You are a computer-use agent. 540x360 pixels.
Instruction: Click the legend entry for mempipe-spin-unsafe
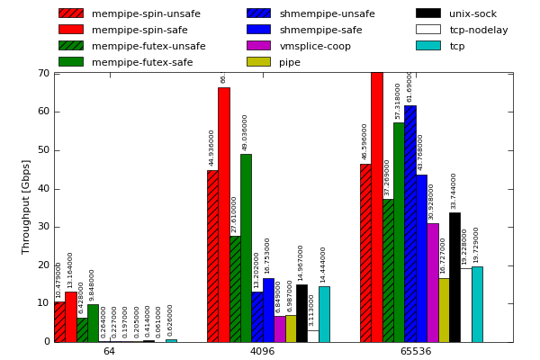coord(146,13)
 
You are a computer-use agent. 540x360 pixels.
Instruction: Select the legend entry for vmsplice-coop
coord(315,46)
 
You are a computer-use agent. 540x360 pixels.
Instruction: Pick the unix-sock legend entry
coord(472,13)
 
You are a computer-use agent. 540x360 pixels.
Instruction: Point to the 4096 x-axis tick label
coord(262,351)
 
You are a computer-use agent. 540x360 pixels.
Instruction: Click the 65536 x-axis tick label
coord(415,351)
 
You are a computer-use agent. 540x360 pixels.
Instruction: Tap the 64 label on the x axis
coord(109,351)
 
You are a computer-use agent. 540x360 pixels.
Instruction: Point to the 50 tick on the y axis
coord(43,150)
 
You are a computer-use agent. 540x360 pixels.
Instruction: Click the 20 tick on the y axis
coord(43,265)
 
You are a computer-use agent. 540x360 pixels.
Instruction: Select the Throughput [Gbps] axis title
coord(27,206)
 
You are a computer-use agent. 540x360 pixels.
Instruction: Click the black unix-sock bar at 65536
coord(454,277)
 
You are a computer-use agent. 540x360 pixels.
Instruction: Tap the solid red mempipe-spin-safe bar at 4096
coord(223,214)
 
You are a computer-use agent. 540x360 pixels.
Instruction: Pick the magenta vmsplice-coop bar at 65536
coord(433,283)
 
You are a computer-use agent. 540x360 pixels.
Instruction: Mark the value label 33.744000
coord(454,191)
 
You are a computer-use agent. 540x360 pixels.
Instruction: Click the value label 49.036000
coord(246,132)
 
